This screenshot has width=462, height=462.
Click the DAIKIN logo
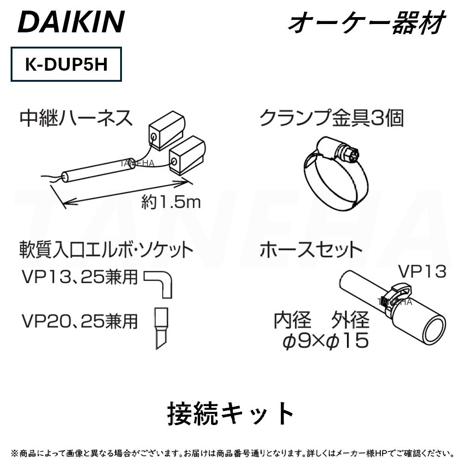(x=71, y=22)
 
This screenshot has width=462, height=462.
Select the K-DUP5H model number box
(x=66, y=64)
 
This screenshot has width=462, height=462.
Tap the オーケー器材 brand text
(x=366, y=22)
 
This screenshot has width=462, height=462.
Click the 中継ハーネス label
(x=76, y=118)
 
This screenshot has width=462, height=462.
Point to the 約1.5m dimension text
(x=171, y=202)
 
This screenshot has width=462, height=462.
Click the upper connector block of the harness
(x=167, y=130)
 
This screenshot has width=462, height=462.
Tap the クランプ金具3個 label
(x=331, y=118)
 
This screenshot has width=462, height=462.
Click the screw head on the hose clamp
(x=352, y=153)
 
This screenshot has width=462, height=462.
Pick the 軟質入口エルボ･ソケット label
(x=106, y=249)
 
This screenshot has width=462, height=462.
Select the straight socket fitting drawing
(x=161, y=328)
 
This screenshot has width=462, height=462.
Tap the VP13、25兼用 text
(x=80, y=277)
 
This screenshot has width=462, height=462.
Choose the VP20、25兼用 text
(x=80, y=321)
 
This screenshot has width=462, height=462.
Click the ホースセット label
(x=310, y=249)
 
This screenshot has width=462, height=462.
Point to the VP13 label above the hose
(x=422, y=271)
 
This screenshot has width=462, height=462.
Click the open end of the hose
(x=434, y=330)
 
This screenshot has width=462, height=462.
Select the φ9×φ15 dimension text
(x=326, y=340)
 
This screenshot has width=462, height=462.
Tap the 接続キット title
(x=231, y=413)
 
